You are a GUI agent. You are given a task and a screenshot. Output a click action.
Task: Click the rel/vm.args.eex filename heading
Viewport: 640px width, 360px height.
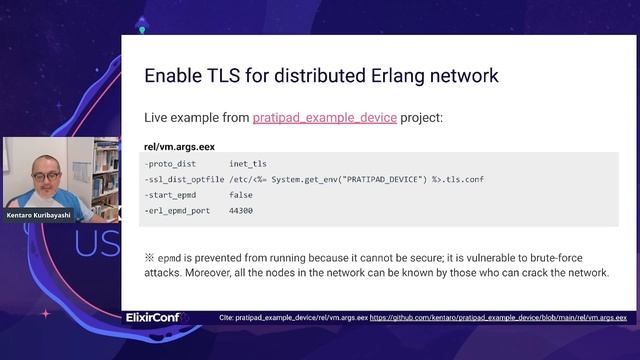pos(180,146)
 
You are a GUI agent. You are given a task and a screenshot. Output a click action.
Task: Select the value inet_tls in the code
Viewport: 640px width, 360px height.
pos(248,163)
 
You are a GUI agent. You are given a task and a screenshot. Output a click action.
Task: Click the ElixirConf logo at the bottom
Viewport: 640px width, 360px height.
pos(155,318)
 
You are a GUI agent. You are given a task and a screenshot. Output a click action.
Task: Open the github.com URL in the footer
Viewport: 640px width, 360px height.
pos(498,318)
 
